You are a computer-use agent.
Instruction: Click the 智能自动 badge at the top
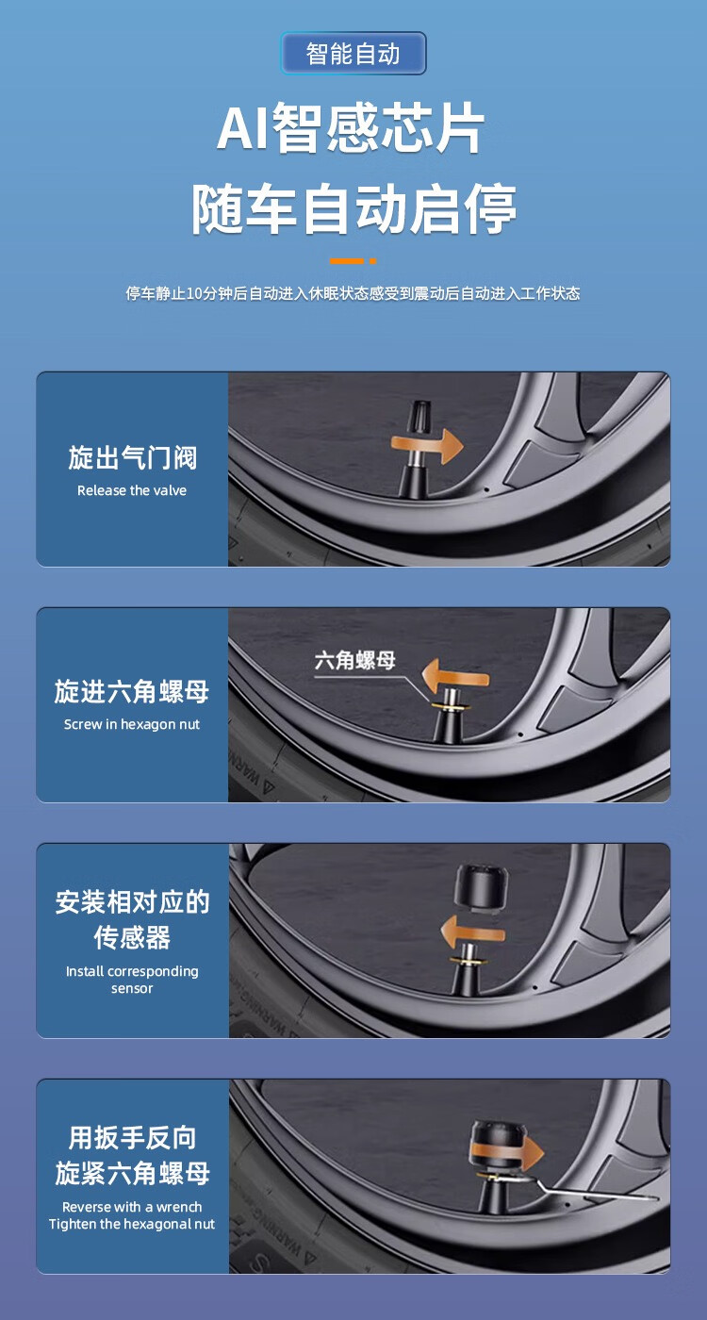353,54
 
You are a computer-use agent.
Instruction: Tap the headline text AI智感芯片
351,127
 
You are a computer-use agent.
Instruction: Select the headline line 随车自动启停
354,208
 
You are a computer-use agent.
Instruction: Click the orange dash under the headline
353,260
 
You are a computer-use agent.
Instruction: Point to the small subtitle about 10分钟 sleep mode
353,293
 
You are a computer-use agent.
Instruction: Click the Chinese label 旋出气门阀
132,458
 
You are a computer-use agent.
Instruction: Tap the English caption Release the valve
132,490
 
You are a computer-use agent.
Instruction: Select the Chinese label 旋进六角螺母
132,691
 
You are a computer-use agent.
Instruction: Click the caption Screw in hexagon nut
132,724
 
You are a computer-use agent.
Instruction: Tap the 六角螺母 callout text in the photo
354,661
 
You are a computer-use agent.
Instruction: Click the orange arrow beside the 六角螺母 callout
454,677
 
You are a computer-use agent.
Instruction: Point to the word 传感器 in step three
132,937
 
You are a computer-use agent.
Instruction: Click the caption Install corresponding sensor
132,980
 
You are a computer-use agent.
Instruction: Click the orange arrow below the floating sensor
472,932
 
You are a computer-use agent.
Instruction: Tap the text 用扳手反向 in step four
132,1137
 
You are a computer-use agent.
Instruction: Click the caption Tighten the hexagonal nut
132,1224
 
